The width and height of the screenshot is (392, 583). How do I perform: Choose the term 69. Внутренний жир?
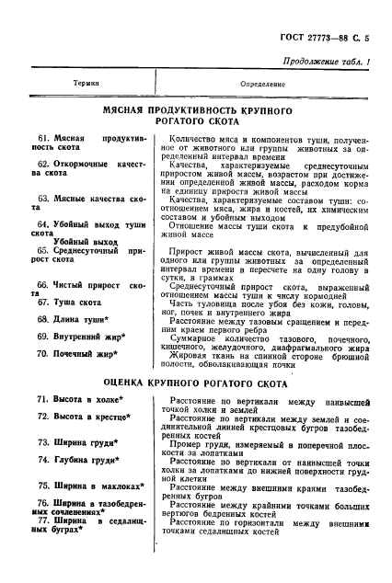click(x=83, y=337)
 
